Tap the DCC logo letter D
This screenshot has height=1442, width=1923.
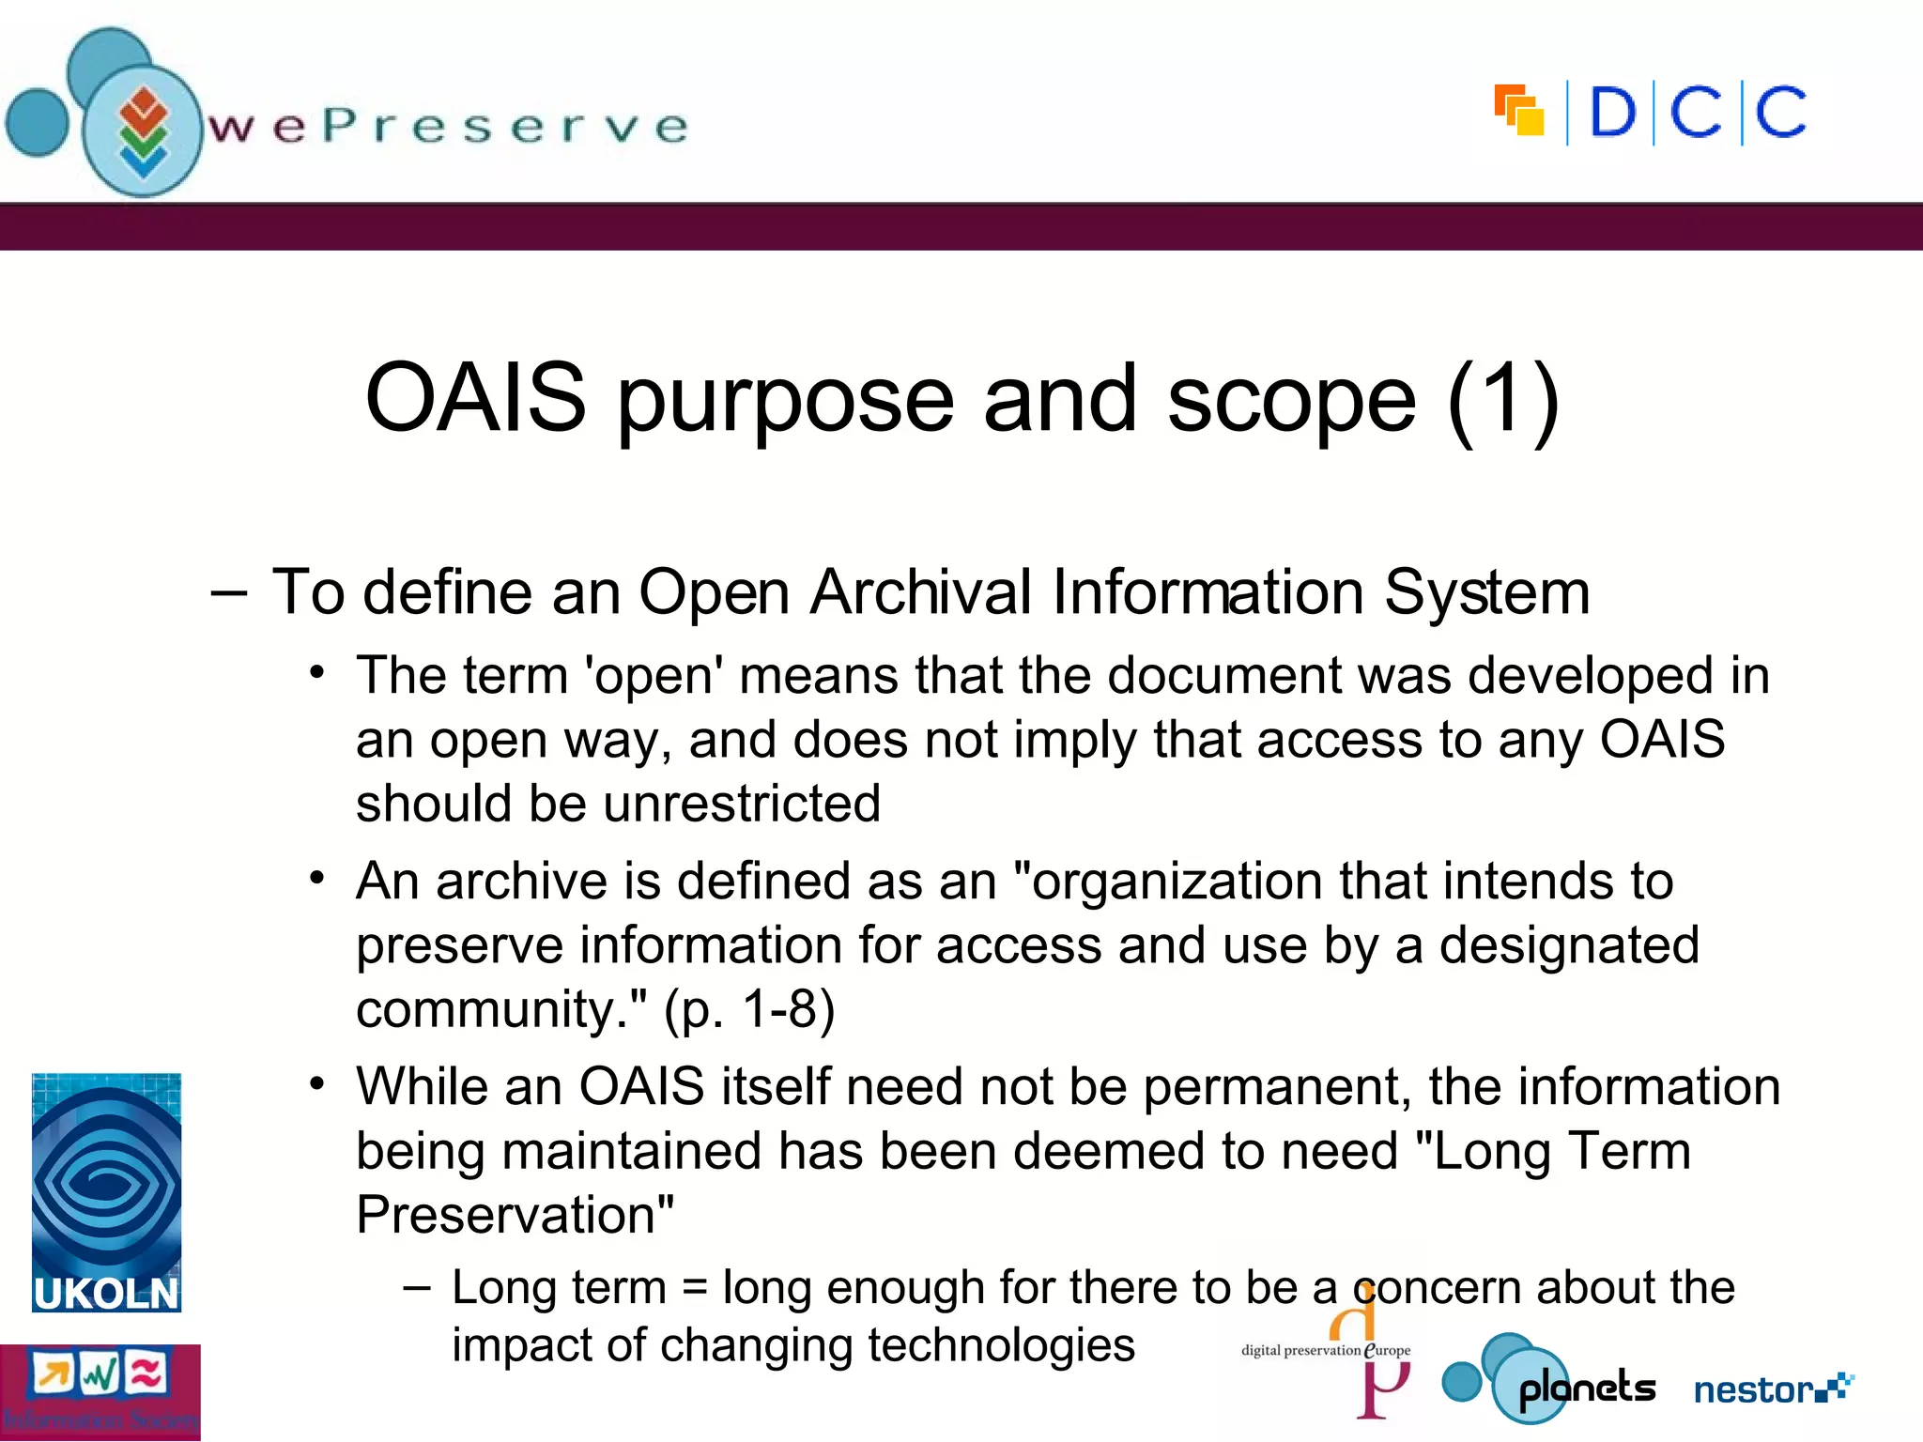[1612, 113]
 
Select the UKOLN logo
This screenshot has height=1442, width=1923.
[106, 1192]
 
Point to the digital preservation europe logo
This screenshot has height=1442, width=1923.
[1326, 1351]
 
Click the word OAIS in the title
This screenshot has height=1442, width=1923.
[475, 399]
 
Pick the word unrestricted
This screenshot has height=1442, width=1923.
[742, 805]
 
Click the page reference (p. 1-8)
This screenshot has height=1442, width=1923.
[749, 1010]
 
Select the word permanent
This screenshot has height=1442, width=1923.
[1277, 1087]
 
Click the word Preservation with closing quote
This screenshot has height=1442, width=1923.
[515, 1215]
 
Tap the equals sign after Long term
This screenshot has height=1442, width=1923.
[694, 1287]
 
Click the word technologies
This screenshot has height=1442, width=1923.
[1001, 1345]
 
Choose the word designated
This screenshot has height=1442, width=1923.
[1569, 945]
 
